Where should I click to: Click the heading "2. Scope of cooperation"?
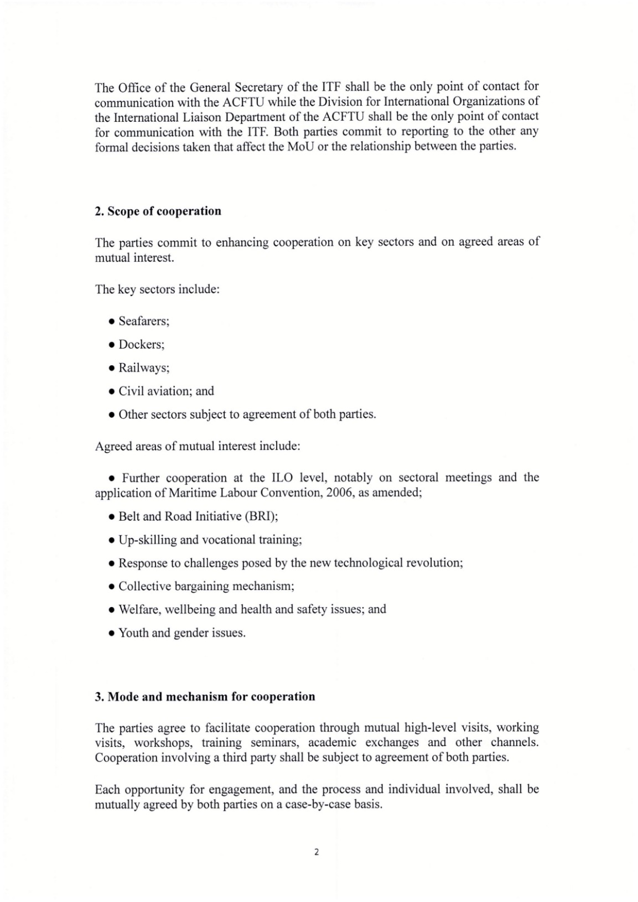(x=158, y=211)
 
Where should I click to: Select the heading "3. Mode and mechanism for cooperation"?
(x=205, y=696)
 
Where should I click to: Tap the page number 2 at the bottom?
(x=317, y=852)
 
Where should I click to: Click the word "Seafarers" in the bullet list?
(x=143, y=321)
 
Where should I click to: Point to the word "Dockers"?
(x=141, y=344)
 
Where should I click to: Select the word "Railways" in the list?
(x=143, y=367)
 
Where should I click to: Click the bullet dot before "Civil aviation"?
(x=112, y=392)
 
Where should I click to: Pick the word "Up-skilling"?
(x=145, y=540)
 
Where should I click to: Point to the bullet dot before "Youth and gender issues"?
(x=112, y=634)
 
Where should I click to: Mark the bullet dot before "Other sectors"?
(x=112, y=415)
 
